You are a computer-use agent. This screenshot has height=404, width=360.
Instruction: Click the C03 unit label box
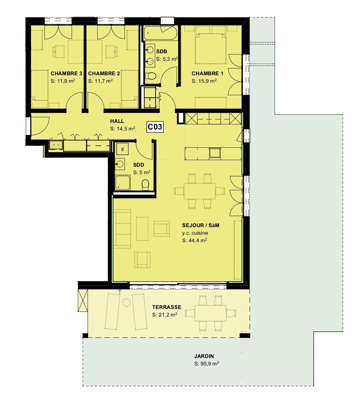155,127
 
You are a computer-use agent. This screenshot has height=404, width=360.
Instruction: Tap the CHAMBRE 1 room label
207,73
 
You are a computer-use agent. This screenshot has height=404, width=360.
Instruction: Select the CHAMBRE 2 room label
104,73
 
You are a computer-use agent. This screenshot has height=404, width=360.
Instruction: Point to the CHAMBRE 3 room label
66,73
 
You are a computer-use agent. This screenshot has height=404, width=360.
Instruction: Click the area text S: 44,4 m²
194,240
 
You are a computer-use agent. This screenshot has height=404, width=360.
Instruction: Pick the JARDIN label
204,356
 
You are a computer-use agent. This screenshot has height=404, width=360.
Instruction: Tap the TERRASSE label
166,307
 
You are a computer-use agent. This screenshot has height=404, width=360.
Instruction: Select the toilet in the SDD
145,185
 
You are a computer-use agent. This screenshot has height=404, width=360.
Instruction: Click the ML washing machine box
122,149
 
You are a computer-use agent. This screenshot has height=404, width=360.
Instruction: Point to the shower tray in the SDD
122,182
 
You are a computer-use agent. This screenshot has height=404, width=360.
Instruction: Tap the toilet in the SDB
151,76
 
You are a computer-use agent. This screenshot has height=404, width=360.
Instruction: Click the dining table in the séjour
199,191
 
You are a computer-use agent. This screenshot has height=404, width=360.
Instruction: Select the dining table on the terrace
210,313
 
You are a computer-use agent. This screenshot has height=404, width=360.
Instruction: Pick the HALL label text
117,121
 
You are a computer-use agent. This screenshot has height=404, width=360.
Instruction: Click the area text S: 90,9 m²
206,364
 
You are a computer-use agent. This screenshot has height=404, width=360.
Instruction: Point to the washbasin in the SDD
120,163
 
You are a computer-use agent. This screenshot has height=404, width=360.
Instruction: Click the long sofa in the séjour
123,229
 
